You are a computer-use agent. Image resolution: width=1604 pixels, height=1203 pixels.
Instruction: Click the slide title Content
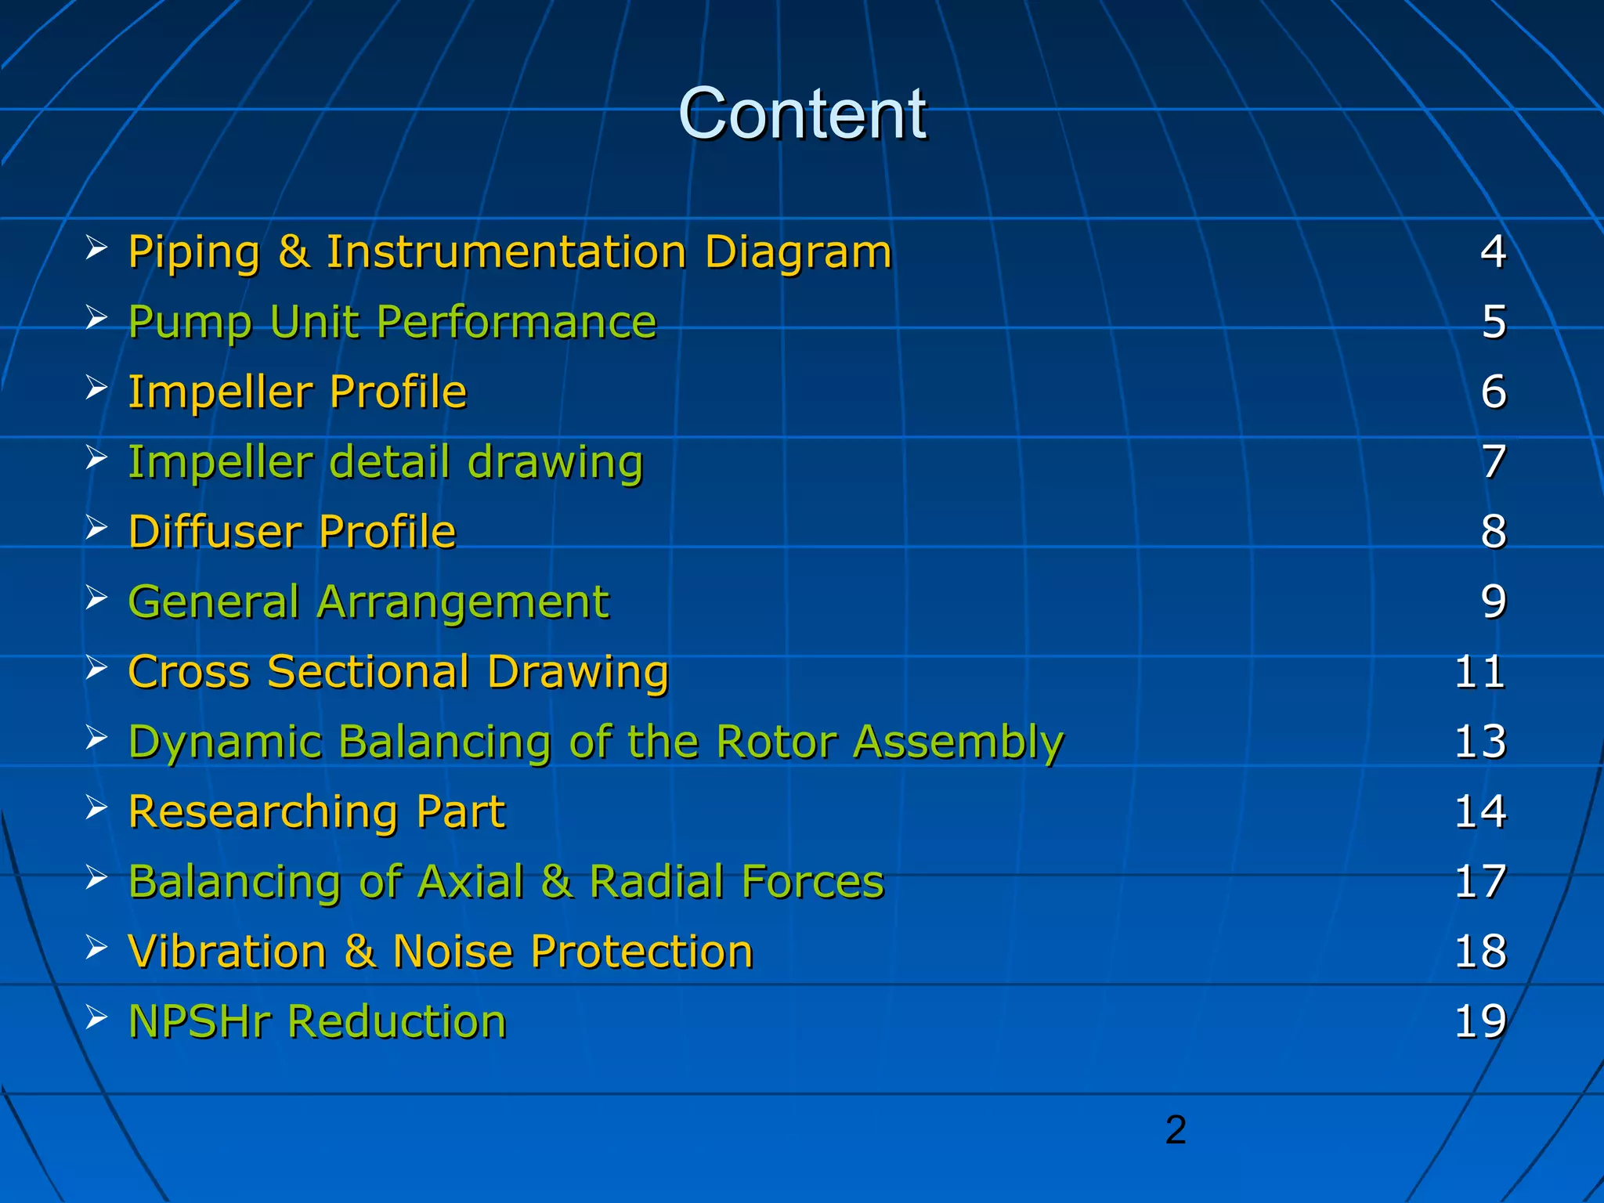(802, 114)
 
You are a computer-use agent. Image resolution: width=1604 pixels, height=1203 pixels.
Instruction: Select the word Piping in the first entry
(193, 253)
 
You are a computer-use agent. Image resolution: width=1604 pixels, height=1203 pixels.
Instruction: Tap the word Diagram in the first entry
(798, 253)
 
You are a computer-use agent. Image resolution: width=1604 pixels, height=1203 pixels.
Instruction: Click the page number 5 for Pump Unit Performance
(1494, 322)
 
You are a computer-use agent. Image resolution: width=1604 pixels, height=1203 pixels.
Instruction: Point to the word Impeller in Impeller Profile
(220, 392)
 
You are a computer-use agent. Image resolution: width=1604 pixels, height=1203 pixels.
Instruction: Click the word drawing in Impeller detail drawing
(555, 462)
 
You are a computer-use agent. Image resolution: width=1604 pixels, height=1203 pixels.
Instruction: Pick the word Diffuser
(215, 532)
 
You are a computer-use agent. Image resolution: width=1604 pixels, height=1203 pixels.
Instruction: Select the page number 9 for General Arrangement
(1494, 601)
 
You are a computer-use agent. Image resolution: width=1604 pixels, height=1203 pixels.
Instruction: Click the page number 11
(1479, 672)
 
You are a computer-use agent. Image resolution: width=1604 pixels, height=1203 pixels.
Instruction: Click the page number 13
(1479, 742)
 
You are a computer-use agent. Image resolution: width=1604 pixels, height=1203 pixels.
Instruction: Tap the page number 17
(1479, 882)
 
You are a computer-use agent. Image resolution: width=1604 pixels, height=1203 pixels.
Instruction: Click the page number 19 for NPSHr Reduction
(1479, 1021)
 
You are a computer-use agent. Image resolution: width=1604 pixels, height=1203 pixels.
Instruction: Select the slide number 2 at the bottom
(1176, 1130)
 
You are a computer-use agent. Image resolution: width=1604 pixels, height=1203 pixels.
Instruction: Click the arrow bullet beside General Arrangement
(96, 598)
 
